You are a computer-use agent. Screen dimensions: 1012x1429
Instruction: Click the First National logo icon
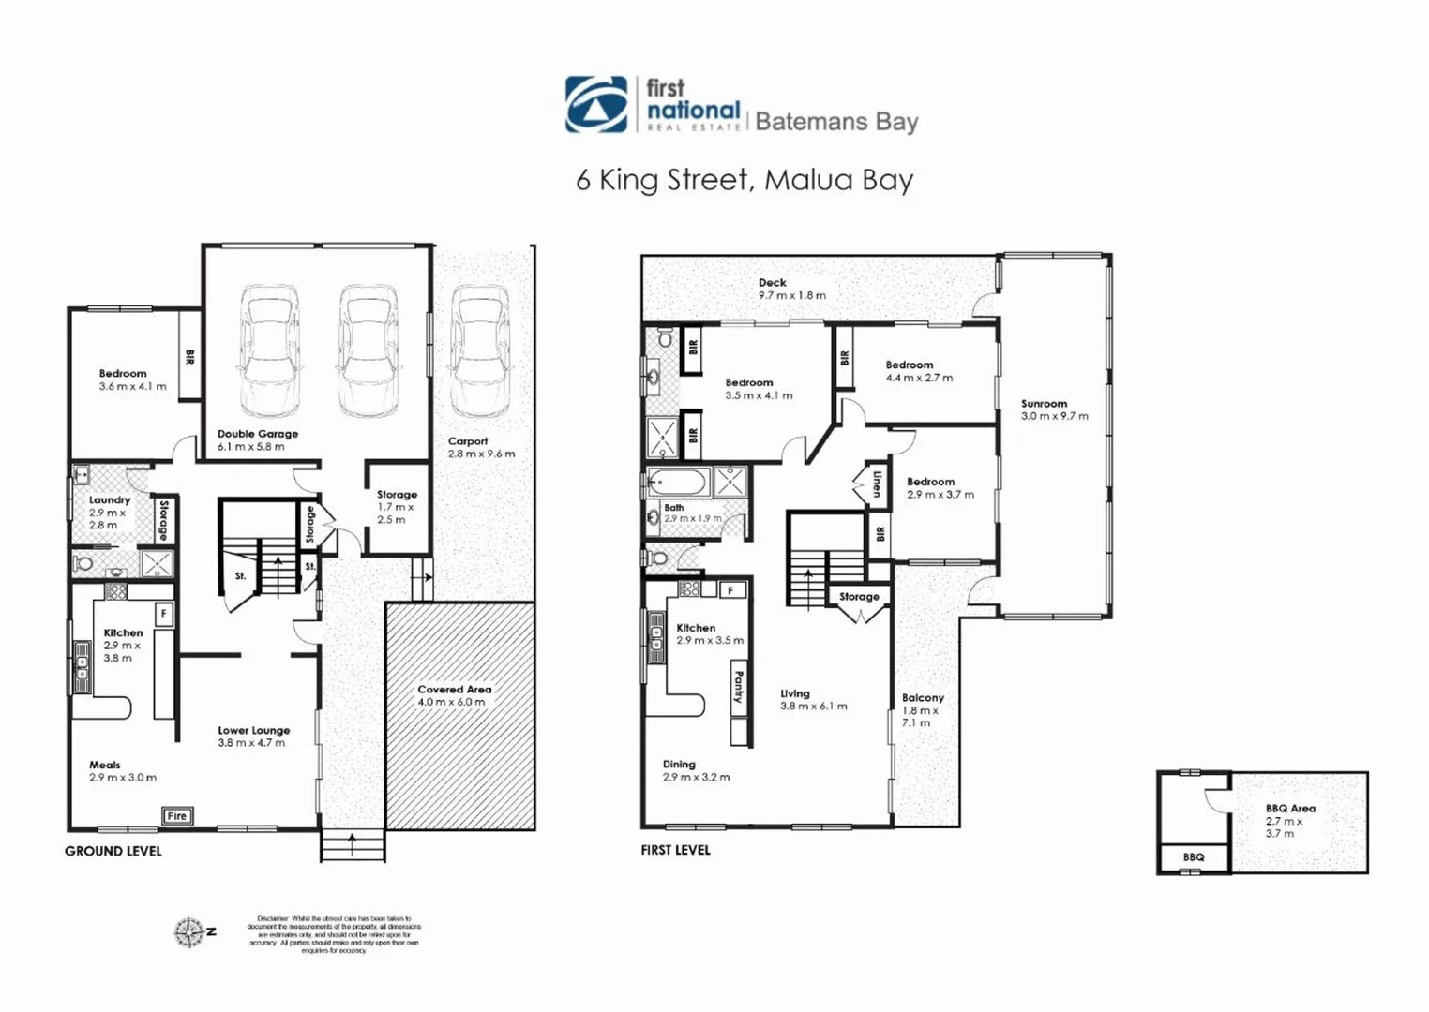point(596,104)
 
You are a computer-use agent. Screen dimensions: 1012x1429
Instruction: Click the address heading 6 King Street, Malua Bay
point(745,180)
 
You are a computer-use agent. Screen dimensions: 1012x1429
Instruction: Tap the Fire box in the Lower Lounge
point(176,815)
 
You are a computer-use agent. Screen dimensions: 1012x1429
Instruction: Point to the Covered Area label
point(454,695)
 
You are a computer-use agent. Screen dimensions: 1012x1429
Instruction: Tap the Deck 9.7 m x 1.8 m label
point(791,289)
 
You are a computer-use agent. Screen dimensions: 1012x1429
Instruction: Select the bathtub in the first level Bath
point(678,484)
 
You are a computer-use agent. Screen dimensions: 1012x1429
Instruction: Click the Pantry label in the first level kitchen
point(739,687)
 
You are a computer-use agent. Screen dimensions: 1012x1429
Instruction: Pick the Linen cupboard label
point(876,484)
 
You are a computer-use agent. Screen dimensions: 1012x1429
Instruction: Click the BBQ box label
point(1193,857)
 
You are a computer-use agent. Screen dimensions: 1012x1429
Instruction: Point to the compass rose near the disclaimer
point(189,932)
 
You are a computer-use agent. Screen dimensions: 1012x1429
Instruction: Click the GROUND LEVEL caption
point(113,851)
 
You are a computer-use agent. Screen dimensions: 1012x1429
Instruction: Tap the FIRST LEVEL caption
point(675,850)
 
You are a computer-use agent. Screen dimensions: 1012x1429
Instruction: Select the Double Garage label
point(257,439)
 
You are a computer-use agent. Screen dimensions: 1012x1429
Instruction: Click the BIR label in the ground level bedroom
point(189,357)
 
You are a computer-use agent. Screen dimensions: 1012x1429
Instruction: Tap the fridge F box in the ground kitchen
point(163,614)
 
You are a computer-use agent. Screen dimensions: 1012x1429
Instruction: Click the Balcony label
point(922,709)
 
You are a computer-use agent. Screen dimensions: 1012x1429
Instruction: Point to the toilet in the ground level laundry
point(84,564)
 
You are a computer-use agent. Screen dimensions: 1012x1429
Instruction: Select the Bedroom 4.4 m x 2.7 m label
point(918,371)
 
